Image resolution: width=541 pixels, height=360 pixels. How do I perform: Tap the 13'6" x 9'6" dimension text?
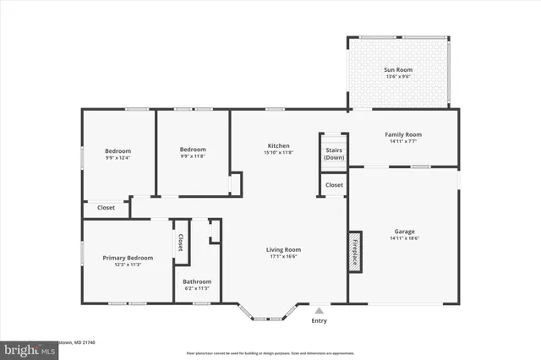pyautogui.click(x=396, y=76)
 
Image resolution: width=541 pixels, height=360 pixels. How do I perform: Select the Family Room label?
pyautogui.click(x=403, y=134)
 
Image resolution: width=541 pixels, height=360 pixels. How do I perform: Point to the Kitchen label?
pyautogui.click(x=279, y=145)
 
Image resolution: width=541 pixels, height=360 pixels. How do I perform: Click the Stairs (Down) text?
pyautogui.click(x=334, y=154)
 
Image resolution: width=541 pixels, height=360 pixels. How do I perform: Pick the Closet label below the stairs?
pyautogui.click(x=334, y=184)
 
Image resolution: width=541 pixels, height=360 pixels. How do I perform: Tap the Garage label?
pyautogui.click(x=404, y=231)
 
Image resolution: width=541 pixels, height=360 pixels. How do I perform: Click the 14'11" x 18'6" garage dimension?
pyautogui.click(x=404, y=239)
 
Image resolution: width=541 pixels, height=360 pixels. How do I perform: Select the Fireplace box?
pyautogui.click(x=356, y=251)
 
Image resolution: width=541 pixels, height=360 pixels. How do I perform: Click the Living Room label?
pyautogui.click(x=284, y=249)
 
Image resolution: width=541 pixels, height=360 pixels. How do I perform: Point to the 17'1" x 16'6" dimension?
pyautogui.click(x=284, y=258)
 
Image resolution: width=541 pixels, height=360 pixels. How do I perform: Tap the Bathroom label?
pyautogui.click(x=198, y=281)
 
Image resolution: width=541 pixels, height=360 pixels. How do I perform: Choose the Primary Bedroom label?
pyautogui.click(x=128, y=257)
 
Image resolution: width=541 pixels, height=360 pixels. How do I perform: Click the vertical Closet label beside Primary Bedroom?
pyautogui.click(x=180, y=243)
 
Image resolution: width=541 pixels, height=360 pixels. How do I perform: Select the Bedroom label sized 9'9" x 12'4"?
pyautogui.click(x=117, y=150)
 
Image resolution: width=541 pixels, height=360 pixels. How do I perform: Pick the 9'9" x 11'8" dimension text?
pyautogui.click(x=193, y=158)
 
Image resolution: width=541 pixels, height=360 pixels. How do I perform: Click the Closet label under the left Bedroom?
pyautogui.click(x=106, y=207)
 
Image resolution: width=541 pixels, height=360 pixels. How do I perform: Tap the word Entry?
pyautogui.click(x=319, y=320)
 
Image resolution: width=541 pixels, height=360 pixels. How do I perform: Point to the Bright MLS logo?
pyautogui.click(x=25, y=348)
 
